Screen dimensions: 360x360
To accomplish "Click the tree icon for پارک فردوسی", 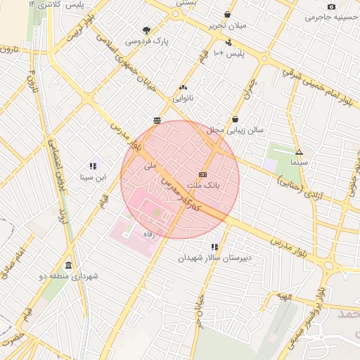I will click(x=146, y=30).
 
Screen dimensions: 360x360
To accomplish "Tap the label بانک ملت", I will click(x=203, y=186).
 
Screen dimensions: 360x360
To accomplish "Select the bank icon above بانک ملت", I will click(x=203, y=174).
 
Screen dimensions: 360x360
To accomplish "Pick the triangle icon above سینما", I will click(x=299, y=152).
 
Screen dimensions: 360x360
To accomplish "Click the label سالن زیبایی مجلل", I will click(x=235, y=131).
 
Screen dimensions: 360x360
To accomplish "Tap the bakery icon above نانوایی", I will click(x=184, y=88).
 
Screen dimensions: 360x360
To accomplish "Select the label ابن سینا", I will click(x=93, y=177).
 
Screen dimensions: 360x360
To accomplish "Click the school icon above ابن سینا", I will click(x=93, y=167).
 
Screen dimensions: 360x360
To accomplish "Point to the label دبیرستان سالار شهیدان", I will click(x=214, y=258).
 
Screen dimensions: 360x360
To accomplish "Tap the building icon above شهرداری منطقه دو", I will click(x=68, y=265).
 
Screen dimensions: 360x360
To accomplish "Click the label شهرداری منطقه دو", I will click(x=69, y=276).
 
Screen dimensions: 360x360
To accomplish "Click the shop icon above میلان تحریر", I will click(x=227, y=15).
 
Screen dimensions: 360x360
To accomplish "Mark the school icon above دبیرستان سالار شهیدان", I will click(x=214, y=247).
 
